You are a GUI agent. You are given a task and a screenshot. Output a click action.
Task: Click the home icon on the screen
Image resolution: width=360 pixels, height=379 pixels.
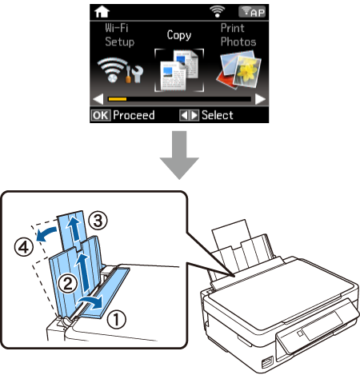(102, 12)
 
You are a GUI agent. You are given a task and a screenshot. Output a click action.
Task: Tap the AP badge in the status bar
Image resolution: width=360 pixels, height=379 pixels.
(252, 12)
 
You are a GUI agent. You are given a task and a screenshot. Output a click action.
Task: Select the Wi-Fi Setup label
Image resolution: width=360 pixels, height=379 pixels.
(119, 35)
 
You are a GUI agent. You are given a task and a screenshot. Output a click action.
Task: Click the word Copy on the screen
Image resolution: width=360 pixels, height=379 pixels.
(179, 35)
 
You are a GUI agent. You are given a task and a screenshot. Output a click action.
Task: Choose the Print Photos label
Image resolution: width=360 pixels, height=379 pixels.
(238, 35)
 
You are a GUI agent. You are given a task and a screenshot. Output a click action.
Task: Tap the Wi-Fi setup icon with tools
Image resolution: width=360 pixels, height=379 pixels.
(120, 70)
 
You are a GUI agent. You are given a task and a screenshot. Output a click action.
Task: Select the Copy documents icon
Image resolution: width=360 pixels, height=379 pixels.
(179, 70)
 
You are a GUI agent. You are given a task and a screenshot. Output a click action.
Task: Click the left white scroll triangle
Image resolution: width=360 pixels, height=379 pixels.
(98, 99)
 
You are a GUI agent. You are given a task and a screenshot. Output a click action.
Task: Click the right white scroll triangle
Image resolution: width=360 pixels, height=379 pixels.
(260, 99)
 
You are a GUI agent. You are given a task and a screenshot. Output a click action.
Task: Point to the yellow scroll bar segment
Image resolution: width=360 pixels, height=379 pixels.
(118, 99)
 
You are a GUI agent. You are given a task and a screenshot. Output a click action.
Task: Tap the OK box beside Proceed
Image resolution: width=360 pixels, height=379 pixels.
(100, 115)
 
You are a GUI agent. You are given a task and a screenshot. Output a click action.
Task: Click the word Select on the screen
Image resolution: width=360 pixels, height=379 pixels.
(218, 115)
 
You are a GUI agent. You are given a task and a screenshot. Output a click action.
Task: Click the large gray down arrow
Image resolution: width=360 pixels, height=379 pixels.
(179, 155)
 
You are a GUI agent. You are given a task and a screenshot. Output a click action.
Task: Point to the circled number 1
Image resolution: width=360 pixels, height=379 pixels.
(116, 319)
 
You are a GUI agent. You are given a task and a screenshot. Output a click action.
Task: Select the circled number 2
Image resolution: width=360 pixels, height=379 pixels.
(68, 284)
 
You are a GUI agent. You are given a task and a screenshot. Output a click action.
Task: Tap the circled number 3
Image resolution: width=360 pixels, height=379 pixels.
(98, 221)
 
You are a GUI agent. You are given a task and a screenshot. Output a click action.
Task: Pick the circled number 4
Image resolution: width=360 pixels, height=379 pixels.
(24, 247)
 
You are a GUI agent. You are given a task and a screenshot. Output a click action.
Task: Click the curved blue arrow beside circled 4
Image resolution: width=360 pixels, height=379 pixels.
(46, 233)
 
